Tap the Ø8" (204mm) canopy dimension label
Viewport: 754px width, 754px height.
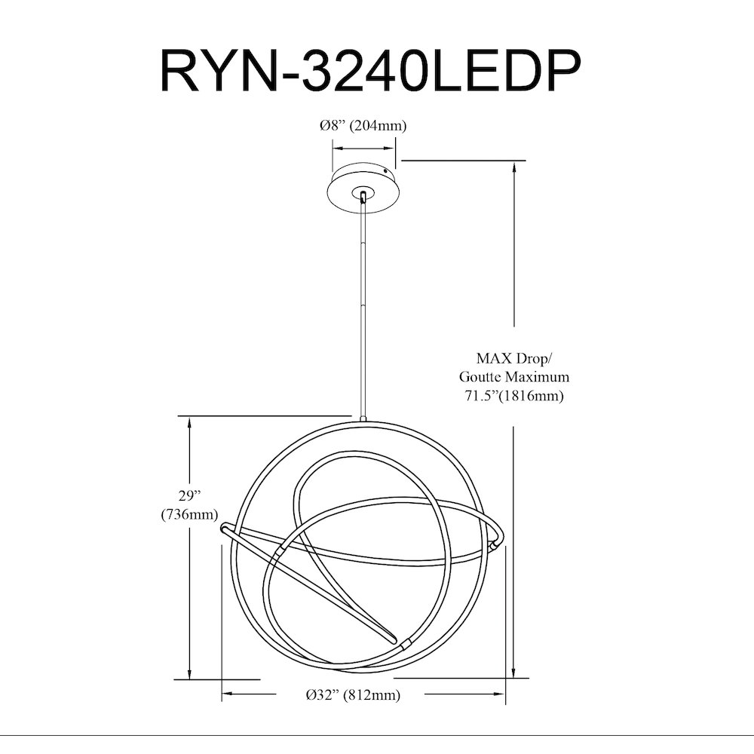363,125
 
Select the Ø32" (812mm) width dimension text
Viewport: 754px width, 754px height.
353,694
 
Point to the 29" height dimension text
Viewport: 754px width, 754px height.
189,495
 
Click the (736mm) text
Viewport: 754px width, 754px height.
189,514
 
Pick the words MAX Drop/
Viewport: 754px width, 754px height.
514,358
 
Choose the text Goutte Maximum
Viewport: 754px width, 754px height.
514,376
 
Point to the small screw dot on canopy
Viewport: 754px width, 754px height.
385,170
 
